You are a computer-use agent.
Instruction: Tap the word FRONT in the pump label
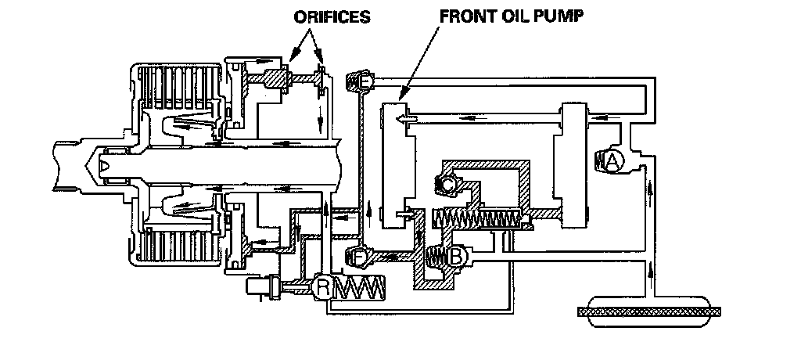(463, 16)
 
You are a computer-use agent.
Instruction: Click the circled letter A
(612, 161)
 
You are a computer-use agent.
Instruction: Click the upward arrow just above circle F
(367, 209)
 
